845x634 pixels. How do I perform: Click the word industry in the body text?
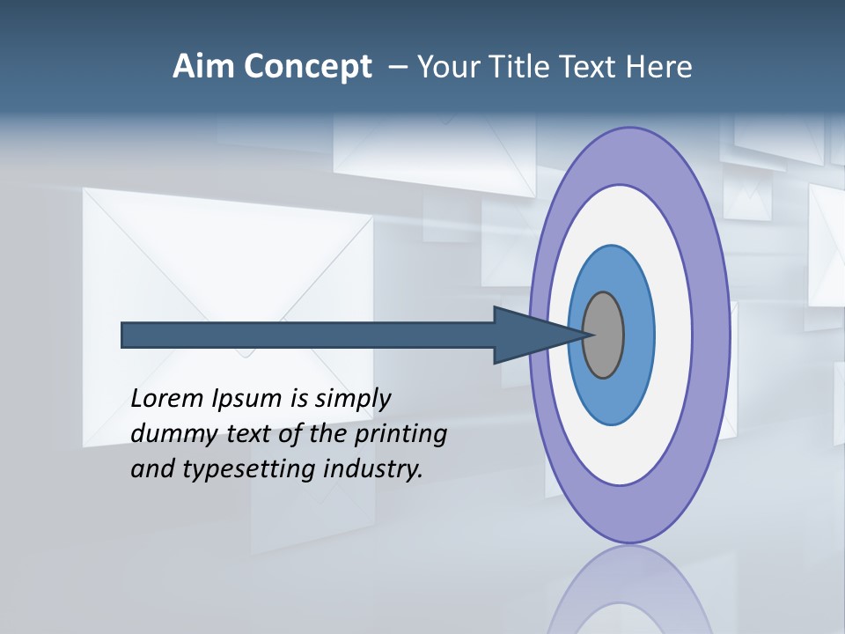[372, 469]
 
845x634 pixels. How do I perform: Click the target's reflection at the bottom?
[628, 590]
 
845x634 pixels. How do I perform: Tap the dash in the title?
[398, 67]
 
